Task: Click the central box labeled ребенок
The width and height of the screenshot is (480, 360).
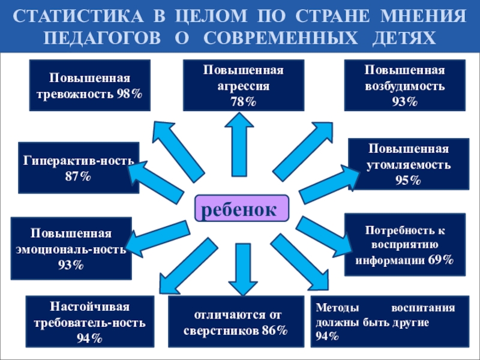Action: click(241, 209)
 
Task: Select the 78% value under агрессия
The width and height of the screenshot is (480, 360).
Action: click(242, 101)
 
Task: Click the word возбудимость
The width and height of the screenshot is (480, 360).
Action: click(404, 86)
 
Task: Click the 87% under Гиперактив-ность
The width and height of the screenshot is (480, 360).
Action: click(78, 176)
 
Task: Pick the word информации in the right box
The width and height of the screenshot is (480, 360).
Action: click(391, 260)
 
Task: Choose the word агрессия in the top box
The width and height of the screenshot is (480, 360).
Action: click(242, 86)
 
